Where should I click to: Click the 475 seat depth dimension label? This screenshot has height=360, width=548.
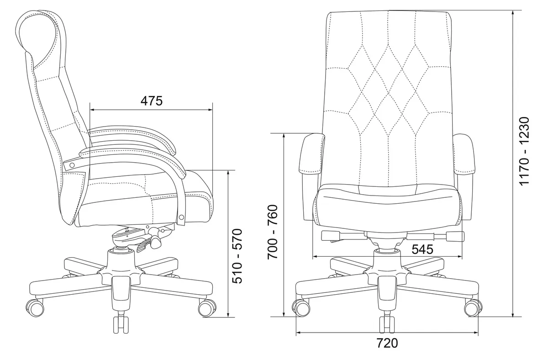(x=152, y=101)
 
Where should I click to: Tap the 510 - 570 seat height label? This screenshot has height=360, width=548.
(x=237, y=256)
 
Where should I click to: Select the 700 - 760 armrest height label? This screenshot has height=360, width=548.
(x=273, y=232)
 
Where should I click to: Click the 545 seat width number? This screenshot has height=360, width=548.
(x=422, y=249)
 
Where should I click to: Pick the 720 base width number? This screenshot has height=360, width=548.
(x=387, y=343)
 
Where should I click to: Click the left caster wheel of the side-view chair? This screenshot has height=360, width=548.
(x=35, y=308)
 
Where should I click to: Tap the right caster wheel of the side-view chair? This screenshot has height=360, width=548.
(x=207, y=308)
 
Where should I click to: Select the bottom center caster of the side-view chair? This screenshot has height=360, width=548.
(x=121, y=324)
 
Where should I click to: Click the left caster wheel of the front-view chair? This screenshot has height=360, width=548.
(x=301, y=308)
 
